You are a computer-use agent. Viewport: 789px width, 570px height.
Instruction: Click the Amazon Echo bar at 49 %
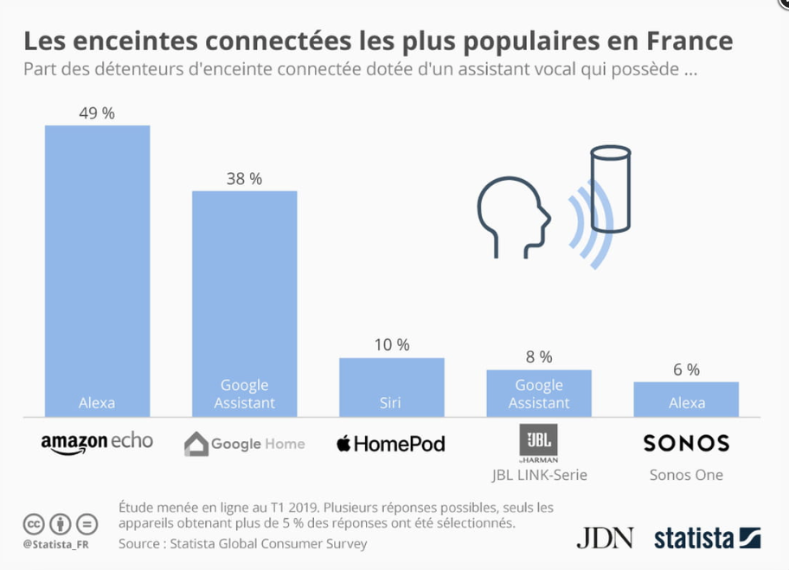[x=97, y=271]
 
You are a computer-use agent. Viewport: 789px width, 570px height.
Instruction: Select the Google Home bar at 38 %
[x=245, y=304]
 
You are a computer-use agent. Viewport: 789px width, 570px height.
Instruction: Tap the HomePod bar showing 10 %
[x=392, y=387]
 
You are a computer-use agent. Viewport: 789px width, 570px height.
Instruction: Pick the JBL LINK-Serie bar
[x=539, y=393]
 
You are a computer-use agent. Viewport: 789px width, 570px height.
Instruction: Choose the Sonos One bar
[x=686, y=399]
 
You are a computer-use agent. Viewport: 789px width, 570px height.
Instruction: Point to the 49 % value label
[x=97, y=113]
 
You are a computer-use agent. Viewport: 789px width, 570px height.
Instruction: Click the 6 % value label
[x=686, y=370]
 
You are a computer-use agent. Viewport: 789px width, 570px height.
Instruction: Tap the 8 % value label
[x=539, y=357]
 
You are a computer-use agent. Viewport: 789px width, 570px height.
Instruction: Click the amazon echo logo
[x=97, y=443]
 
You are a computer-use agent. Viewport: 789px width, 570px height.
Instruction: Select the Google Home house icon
[x=196, y=444]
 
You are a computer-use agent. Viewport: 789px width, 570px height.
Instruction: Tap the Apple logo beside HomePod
[x=343, y=443]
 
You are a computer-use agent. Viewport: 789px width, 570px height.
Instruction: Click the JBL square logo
[x=538, y=439]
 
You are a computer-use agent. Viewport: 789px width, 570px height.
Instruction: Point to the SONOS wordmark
[x=686, y=443]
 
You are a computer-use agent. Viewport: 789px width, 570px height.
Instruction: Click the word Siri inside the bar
[x=390, y=402]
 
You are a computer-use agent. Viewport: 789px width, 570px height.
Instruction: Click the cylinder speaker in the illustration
[x=611, y=189]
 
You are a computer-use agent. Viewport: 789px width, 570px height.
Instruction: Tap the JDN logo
[x=605, y=538]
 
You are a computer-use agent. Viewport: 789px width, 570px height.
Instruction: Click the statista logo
[x=707, y=538]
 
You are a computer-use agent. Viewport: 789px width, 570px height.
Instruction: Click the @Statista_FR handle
[x=56, y=544]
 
